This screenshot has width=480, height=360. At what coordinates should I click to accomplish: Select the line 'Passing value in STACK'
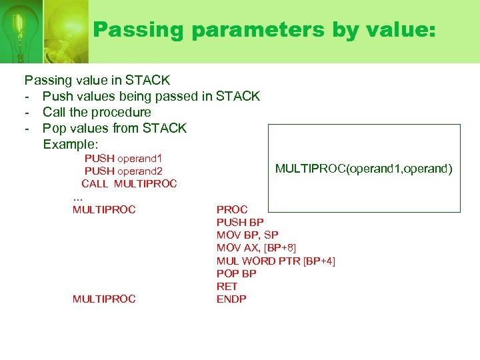point(97,81)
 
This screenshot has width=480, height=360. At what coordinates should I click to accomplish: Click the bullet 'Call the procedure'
point(97,113)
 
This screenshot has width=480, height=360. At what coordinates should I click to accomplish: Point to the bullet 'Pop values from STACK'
point(115,128)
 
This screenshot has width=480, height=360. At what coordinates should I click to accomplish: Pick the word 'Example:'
point(71,144)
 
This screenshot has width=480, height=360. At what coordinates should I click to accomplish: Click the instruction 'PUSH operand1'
point(123,159)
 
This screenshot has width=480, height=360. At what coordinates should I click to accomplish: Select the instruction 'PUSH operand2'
point(123,171)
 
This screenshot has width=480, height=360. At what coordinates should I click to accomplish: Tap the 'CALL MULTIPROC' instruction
point(129,184)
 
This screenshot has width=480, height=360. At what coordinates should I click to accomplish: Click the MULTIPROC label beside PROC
point(104,210)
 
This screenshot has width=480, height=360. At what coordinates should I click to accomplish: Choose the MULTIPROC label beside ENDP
point(104,299)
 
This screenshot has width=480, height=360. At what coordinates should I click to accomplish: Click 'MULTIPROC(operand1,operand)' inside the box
point(363,169)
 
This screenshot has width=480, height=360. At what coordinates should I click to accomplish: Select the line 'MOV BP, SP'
point(247,235)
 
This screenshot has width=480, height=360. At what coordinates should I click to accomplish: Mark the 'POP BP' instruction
point(236,273)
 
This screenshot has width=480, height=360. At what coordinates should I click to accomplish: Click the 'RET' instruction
point(227,286)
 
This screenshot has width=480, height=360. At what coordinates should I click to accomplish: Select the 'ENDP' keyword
point(231,299)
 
